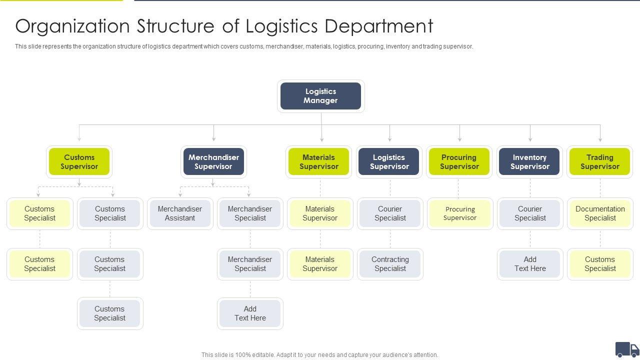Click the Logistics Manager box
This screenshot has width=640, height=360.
point(320,96)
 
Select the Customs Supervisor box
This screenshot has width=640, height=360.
point(79,162)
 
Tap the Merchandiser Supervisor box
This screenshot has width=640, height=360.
point(213,162)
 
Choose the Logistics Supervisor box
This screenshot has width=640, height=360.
point(389,162)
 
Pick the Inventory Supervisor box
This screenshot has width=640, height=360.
point(529,162)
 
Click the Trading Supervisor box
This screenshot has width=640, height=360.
point(600,162)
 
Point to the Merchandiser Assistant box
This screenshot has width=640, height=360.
point(180,213)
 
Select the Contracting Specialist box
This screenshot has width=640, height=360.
point(390,264)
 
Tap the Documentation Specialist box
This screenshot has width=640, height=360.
point(600,213)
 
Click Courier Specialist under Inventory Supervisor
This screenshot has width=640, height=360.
point(530,213)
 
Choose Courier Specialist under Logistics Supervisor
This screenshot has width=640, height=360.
point(390,213)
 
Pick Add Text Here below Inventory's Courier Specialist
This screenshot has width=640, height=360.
point(530,264)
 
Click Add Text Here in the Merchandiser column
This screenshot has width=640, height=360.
point(250,313)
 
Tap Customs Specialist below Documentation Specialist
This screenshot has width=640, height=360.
point(600,264)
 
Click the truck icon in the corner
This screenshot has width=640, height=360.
point(626,349)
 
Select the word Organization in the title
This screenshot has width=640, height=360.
point(64,26)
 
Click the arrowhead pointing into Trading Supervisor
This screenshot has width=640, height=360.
point(600,139)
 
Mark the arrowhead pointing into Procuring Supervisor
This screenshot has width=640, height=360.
point(459,139)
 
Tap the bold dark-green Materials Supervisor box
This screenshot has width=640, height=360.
point(318,162)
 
